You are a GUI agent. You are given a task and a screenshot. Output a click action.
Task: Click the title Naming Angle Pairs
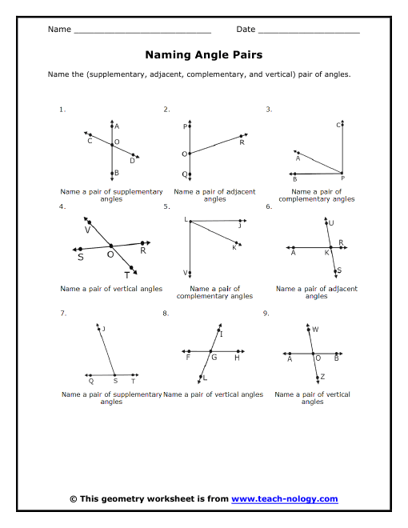coord(204,55)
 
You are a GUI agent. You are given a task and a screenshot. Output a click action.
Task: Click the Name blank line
coord(142,31)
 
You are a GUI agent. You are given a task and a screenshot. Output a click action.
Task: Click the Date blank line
coord(309,31)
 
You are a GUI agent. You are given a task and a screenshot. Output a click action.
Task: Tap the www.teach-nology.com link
coord(284,499)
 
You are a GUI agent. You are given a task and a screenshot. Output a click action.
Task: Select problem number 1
coord(62,109)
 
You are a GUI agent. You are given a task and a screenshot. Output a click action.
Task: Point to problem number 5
coord(166,206)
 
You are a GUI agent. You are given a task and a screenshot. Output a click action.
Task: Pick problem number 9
coord(266,314)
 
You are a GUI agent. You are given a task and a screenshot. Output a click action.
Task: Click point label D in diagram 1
coord(133,160)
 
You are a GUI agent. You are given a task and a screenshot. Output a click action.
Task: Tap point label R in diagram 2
coord(242,142)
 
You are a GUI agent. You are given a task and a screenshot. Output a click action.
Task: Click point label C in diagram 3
coord(338,125)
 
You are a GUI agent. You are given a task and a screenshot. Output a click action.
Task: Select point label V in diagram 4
coord(87,230)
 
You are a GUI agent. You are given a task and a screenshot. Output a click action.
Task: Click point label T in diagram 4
coord(126,274)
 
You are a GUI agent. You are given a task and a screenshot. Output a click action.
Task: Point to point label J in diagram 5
coord(238,226)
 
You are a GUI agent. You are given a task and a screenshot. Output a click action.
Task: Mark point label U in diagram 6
coord(332,223)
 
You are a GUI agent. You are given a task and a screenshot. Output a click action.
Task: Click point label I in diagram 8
coord(221,334)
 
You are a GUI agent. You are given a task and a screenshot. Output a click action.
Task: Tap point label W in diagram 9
coord(315,329)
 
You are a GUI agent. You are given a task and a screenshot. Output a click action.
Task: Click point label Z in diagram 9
coord(322,376)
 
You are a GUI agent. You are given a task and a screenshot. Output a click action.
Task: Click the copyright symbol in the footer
coord(74,499)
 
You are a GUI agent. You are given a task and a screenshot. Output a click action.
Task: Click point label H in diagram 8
coord(237,358)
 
